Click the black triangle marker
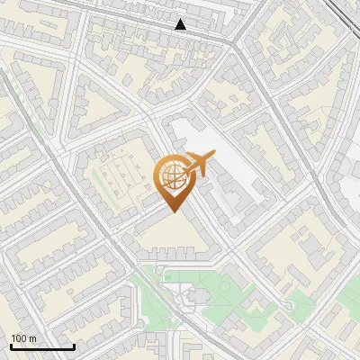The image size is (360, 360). tap(181, 24)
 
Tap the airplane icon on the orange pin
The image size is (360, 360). tap(200, 165)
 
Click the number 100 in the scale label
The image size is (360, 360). tap(19, 337)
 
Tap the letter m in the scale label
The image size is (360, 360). tap(32, 337)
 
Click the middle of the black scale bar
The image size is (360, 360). tap(42, 346)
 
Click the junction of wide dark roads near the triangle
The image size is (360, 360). tap(236, 45)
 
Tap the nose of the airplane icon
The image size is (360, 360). tap(215, 157)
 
